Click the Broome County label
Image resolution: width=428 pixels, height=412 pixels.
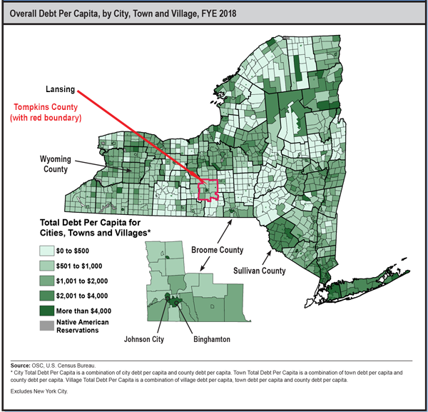pos(217,250)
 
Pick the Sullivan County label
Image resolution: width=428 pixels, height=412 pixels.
pos(260,271)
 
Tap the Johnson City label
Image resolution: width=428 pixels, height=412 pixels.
pos(143,339)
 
